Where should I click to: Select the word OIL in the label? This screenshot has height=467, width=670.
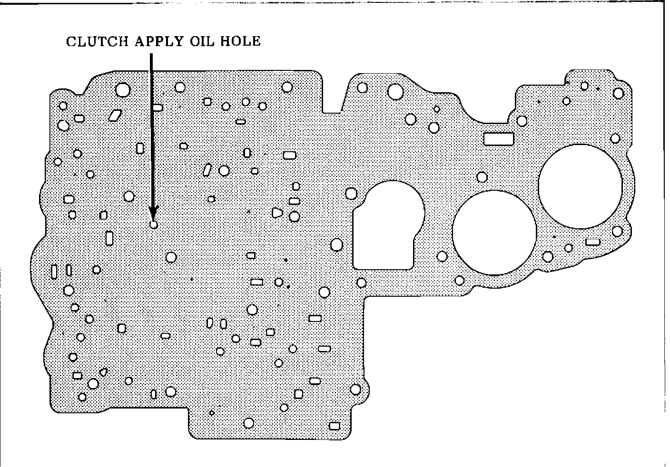[202, 41]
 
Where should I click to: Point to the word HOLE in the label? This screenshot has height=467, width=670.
[241, 41]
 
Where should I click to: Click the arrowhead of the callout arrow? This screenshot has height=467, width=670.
[153, 213]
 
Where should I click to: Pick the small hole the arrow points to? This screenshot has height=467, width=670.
[153, 224]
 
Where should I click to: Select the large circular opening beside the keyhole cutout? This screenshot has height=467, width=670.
[494, 233]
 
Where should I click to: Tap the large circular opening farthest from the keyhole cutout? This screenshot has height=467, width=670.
[580, 186]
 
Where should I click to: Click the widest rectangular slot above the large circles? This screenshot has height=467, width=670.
[499, 138]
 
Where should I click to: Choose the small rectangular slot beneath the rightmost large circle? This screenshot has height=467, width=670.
[592, 242]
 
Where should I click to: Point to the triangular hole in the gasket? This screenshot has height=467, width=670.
[277, 213]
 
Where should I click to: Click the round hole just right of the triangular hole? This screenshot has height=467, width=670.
[294, 217]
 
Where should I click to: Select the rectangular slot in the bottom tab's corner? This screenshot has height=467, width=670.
[335, 426]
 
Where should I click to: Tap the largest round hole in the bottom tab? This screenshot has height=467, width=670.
[248, 423]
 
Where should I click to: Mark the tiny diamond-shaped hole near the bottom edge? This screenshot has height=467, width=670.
[212, 412]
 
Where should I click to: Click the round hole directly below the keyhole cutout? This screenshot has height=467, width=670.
[362, 283]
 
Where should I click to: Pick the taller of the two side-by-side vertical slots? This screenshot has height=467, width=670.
[54, 271]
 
